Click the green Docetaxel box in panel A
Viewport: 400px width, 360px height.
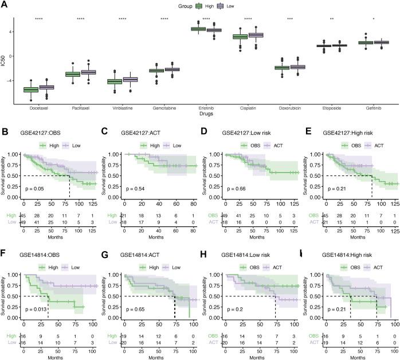(31, 89)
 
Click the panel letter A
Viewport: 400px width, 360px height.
(5, 5)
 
